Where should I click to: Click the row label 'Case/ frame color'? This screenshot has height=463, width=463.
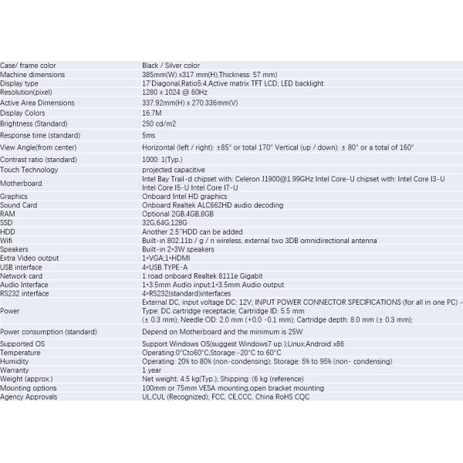[29, 66]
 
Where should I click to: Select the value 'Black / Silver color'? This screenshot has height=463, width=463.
[171, 66]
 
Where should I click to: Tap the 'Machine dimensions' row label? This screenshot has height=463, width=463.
[32, 75]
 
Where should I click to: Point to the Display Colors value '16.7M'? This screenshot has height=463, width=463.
[150, 113]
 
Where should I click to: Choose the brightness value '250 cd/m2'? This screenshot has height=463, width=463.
[160, 123]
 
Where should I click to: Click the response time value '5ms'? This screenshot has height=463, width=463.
[149, 135]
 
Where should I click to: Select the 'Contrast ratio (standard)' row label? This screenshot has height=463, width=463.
[39, 159]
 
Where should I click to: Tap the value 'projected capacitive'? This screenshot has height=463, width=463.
[174, 170]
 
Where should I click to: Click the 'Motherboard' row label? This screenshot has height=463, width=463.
[21, 183]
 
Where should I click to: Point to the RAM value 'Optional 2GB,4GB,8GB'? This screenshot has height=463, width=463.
[177, 214]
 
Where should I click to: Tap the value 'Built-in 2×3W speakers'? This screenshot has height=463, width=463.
[178, 249]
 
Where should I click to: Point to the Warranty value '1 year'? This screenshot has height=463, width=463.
[151, 370]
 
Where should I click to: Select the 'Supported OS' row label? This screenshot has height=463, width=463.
[23, 343]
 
